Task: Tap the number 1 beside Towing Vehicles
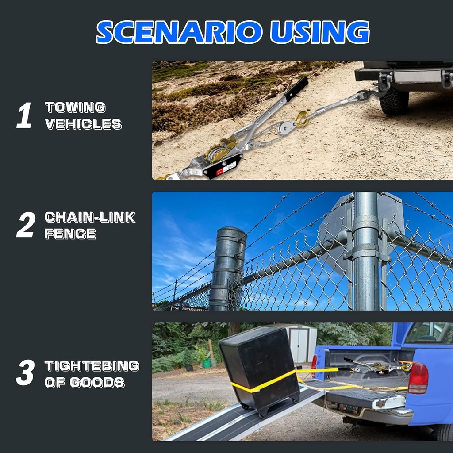(24, 115)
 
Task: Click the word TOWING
(75, 107)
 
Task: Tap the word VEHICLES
(83, 124)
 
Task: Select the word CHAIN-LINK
(90, 217)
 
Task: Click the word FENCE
(70, 234)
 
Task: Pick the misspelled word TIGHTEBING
(92, 366)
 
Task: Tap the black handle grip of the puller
(296, 88)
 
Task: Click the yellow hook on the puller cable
(303, 119)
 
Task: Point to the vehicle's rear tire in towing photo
(394, 101)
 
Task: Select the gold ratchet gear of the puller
(219, 151)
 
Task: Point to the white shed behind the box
(301, 343)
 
